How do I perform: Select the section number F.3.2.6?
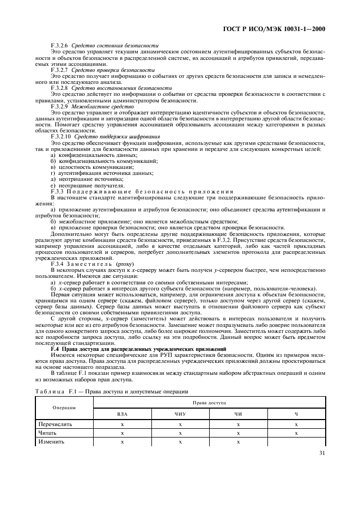(59, 45)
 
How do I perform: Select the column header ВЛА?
(122, 415)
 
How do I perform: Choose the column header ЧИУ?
(180, 415)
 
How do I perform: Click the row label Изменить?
(51, 442)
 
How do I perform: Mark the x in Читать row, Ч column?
(296, 433)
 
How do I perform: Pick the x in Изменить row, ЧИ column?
(238, 442)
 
